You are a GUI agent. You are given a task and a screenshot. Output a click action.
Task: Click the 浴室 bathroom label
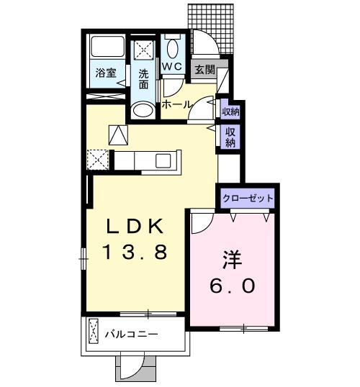[x=106, y=73]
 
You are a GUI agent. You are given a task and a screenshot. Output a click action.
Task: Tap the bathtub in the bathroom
[x=107, y=47]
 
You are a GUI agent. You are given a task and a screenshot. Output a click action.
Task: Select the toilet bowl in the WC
[x=173, y=48]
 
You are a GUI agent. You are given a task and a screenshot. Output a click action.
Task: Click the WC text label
[x=172, y=66]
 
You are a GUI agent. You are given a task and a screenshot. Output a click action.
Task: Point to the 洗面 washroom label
[x=143, y=79]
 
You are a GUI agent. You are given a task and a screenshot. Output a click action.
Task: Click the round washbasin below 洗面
[x=143, y=109]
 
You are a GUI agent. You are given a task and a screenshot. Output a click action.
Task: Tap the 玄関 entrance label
[x=204, y=70]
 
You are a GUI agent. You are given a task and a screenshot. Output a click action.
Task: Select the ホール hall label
[x=176, y=104]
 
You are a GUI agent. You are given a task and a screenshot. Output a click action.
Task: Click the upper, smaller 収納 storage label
[x=230, y=112]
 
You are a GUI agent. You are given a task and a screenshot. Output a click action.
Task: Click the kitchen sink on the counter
[x=163, y=160]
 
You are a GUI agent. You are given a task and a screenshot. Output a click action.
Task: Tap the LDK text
[x=135, y=226]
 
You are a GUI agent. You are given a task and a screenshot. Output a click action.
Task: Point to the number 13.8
[x=135, y=252]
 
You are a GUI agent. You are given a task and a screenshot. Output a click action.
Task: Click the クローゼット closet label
[x=248, y=199]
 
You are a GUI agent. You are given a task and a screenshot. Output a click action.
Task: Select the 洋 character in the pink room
[x=232, y=260]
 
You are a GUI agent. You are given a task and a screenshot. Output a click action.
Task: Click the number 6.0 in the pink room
[x=232, y=286]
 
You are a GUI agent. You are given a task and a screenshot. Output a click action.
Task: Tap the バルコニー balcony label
[x=131, y=334]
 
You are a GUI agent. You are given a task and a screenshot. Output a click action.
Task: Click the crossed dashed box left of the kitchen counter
[x=98, y=160]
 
